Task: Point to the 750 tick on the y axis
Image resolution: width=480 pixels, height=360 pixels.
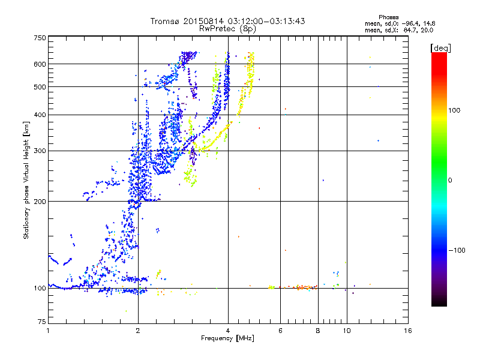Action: pyautogui.click(x=40, y=38)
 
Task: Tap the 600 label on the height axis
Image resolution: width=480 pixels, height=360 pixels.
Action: pyautogui.click(x=40, y=64)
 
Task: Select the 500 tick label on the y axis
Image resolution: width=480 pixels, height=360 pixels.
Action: pyautogui.click(x=40, y=87)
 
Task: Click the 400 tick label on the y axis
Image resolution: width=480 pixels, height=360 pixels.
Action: pyautogui.click(x=40, y=115)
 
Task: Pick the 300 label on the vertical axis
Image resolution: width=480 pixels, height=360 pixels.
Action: pyautogui.click(x=40, y=151)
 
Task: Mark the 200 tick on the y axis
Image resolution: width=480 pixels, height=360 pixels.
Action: pyautogui.click(x=40, y=202)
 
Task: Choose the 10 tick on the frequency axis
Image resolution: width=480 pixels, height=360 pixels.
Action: pyautogui.click(x=347, y=331)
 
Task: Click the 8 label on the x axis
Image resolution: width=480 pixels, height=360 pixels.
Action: pyautogui.click(x=318, y=331)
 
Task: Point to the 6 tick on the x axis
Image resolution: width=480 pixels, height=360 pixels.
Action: pyautogui.click(x=281, y=331)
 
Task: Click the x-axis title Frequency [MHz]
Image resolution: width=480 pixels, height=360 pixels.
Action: pyautogui.click(x=227, y=339)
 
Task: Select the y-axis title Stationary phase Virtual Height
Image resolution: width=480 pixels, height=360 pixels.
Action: pyautogui.click(x=26, y=180)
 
